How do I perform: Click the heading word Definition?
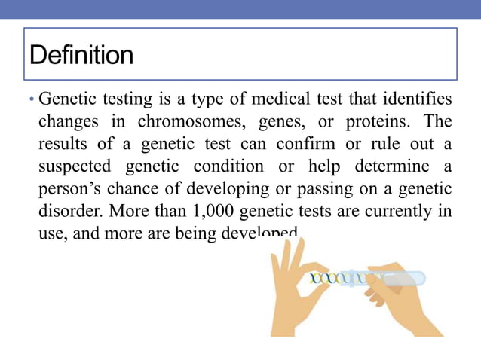coord(81,55)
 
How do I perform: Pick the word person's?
coord(68,188)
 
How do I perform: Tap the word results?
coord(61,143)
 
